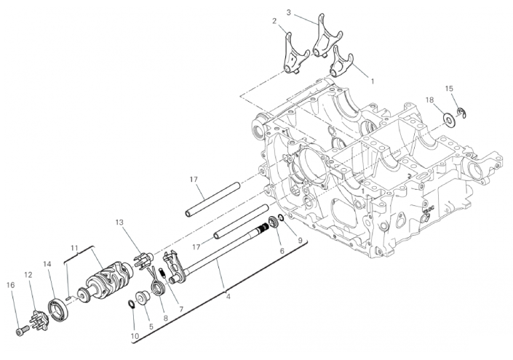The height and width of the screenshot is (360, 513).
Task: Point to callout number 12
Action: pos(28,276)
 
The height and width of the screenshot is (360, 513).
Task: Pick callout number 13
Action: pos(120,222)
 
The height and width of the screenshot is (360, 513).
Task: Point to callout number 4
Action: pos(228,297)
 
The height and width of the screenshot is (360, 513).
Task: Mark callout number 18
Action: pos(429,99)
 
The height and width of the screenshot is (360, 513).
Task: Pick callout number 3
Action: pos(288,12)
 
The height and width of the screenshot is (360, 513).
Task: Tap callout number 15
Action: pos(449,88)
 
